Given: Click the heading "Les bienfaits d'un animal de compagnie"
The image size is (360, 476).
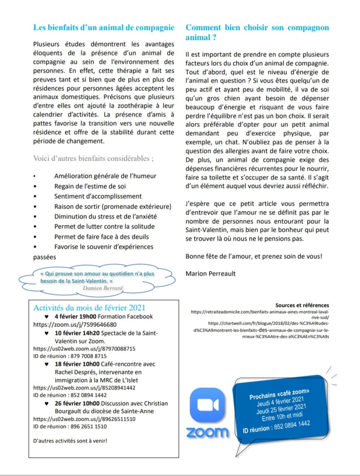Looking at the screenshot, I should coord(103,28).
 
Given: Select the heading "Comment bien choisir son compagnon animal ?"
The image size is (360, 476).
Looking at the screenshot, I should coord(257,32).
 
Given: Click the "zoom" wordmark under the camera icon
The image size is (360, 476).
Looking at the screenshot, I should coord(207,432).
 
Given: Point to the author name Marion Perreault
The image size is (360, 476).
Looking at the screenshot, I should coord(211,273).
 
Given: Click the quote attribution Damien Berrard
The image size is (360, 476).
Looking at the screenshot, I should coord(103,288).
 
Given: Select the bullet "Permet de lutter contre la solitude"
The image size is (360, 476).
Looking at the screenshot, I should coord(104,227).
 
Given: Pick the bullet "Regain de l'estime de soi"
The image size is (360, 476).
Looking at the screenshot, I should coord(90,186).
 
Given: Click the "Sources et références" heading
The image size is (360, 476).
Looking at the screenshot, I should coord(302,305).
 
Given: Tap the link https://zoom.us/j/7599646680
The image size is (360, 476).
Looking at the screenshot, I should coord(75,325).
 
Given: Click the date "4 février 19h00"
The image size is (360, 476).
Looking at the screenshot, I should coord(75,316).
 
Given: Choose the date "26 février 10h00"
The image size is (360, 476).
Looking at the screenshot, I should coord(77,403).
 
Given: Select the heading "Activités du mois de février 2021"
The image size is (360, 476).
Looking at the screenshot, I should coord(89,308).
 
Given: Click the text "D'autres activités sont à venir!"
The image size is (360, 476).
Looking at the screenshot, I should coord(70,441).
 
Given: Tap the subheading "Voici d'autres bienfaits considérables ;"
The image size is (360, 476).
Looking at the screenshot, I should coord(93,159).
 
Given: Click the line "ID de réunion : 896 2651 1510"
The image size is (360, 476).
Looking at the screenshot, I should coord(70,427).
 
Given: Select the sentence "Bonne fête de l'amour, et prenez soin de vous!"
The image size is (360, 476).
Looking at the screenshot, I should coord(254,256).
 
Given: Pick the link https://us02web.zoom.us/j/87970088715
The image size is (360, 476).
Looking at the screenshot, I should coord(84,349).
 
